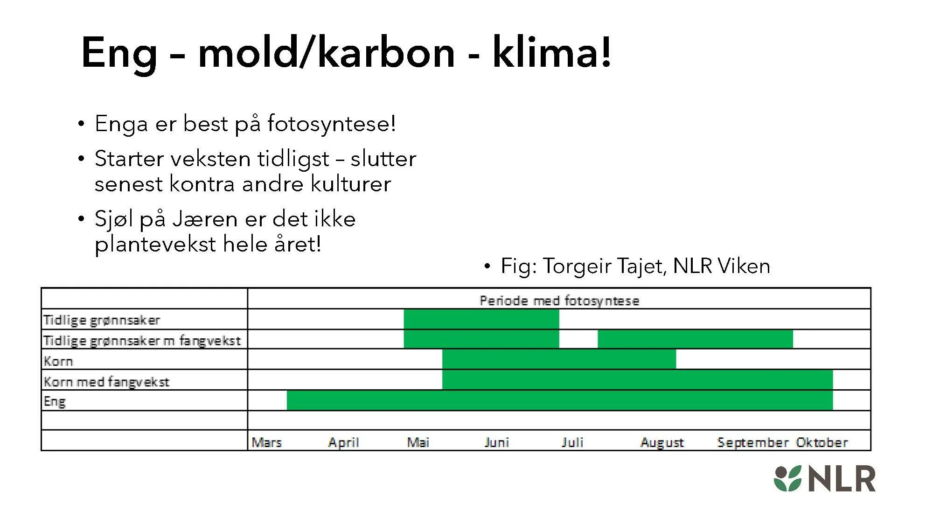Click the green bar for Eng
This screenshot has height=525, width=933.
coord(560,400)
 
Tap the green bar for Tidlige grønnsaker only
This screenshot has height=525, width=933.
coord(481,319)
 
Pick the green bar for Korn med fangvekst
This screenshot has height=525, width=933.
coord(637,380)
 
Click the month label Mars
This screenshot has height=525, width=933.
coord(266,442)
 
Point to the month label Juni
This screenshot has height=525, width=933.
coord(496,442)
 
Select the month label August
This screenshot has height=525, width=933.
coord(662,442)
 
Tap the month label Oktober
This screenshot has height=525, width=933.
coord(822,442)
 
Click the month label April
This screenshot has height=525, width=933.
coord(343,442)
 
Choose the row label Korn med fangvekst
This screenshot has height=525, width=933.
coord(106,382)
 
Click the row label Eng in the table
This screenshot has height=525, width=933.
coord(55,401)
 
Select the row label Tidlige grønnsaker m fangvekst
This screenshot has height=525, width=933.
coord(142,341)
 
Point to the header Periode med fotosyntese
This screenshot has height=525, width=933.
coord(559,301)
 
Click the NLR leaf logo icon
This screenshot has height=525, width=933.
coord(787,478)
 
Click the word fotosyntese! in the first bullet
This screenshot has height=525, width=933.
coord(331,124)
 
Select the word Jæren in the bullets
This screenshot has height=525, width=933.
coord(205,219)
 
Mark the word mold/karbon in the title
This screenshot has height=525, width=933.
coord(326,52)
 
